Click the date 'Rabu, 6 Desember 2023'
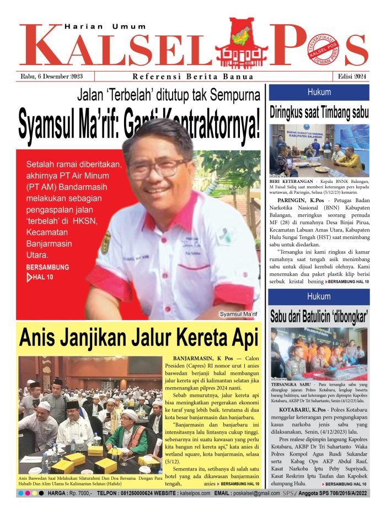click(51, 77)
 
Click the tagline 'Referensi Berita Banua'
click(193, 77)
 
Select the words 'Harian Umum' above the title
click(105, 26)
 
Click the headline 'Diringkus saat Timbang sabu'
click(319, 113)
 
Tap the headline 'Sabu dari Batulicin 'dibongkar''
click(319, 317)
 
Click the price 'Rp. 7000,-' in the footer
click(80, 493)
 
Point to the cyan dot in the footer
click(21, 493)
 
